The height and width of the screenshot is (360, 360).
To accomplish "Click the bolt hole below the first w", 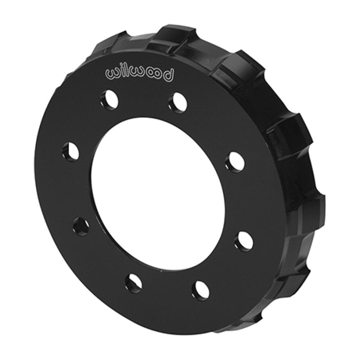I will pyautogui.click(x=109, y=99).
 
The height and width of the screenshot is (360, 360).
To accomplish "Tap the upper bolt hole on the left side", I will pyautogui.click(x=71, y=151).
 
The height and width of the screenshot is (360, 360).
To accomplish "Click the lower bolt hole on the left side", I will pyautogui.click(x=81, y=225).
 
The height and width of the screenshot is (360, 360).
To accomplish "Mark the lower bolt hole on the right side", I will pyautogui.click(x=243, y=241).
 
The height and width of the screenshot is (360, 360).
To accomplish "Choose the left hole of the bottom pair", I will pyautogui.click(x=134, y=283).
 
